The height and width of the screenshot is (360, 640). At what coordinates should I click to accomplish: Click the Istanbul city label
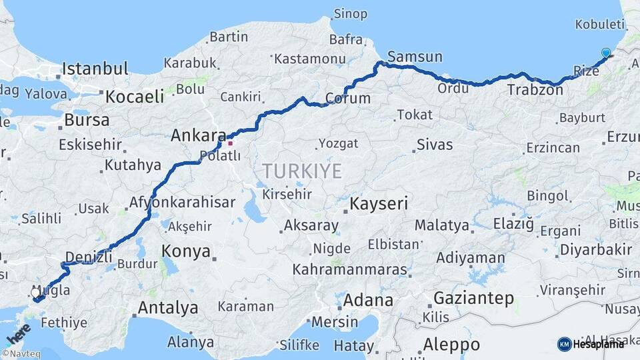[x=95, y=69]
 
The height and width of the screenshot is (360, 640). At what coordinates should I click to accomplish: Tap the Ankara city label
[x=199, y=135]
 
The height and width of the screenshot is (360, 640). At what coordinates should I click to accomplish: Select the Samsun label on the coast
[x=415, y=56]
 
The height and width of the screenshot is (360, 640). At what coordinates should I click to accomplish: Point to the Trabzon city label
[x=535, y=89]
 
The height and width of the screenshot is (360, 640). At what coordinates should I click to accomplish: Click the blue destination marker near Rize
[x=605, y=53]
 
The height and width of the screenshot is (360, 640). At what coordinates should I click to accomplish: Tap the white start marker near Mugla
[x=36, y=292]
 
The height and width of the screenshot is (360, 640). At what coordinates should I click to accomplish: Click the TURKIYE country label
[x=302, y=171]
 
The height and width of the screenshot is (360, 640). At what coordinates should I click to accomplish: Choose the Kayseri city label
[x=379, y=203]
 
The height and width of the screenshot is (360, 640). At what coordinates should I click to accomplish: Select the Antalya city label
[x=167, y=308]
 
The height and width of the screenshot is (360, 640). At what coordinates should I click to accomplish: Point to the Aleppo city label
[x=451, y=345]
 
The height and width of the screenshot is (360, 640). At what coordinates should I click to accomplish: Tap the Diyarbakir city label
[x=595, y=250]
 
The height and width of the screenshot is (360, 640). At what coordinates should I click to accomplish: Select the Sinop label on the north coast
[x=350, y=14]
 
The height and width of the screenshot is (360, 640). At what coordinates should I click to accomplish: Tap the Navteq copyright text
[x=21, y=354]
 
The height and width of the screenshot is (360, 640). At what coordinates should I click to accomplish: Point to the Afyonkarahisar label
[x=182, y=202]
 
